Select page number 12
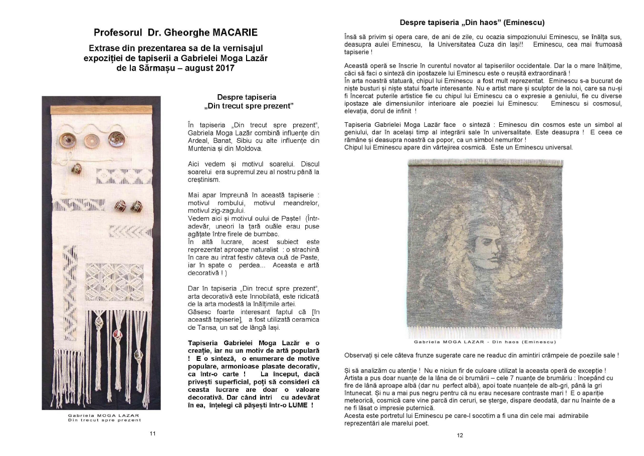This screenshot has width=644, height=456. [x=460, y=435]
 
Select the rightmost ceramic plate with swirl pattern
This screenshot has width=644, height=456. [x=116, y=139]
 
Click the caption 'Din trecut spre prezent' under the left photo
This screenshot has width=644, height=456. [x=105, y=420]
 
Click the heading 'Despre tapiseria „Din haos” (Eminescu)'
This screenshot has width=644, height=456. [x=472, y=23]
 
